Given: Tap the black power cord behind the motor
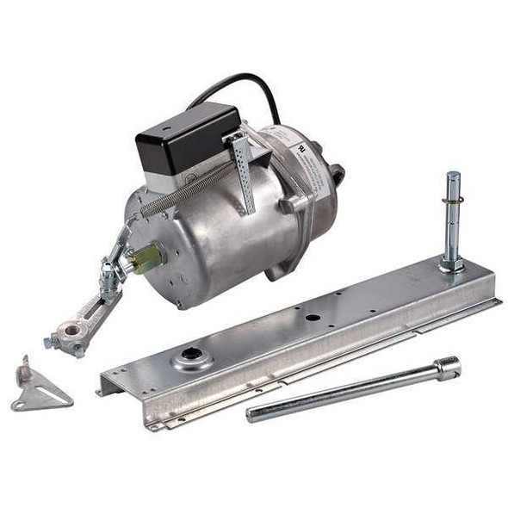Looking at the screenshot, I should (x=250, y=82).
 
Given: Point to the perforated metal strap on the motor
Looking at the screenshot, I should (x=244, y=173).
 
